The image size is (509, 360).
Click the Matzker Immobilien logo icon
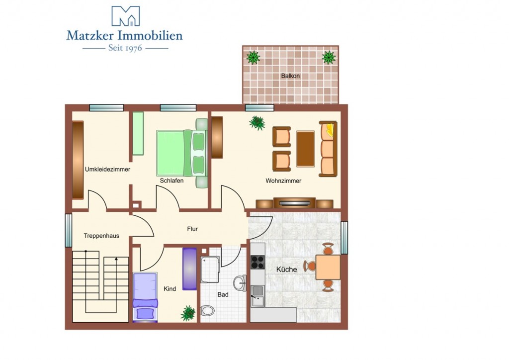pyautogui.click(x=126, y=16)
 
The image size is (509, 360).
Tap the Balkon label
pyautogui.click(x=290, y=76)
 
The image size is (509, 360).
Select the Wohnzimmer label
pyautogui.click(x=283, y=181)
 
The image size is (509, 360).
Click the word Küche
pyautogui.click(x=287, y=270)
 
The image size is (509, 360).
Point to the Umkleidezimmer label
pyautogui.click(x=107, y=170)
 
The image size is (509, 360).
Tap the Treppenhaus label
pyautogui.click(x=101, y=236)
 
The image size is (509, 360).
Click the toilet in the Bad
pyautogui.click(x=207, y=311)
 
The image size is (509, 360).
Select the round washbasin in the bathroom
pyautogui.click(x=240, y=283)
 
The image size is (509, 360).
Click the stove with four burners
pyautogui.click(x=258, y=262)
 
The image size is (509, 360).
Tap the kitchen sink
pyautogui.click(x=258, y=296)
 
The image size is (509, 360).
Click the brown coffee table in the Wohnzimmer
pyautogui.click(x=306, y=149)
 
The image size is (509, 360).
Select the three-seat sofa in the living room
pyautogui.click(x=328, y=149)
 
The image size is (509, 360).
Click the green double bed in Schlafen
pyautogui.click(x=181, y=153)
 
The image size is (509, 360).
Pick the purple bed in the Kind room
pyautogui.click(x=145, y=297)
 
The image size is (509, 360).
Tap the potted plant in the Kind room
pyautogui.click(x=188, y=313)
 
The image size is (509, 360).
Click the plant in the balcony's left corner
pyautogui.click(x=253, y=58)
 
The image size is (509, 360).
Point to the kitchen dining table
pyautogui.click(x=328, y=267)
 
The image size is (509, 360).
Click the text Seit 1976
pyautogui.click(x=125, y=48)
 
